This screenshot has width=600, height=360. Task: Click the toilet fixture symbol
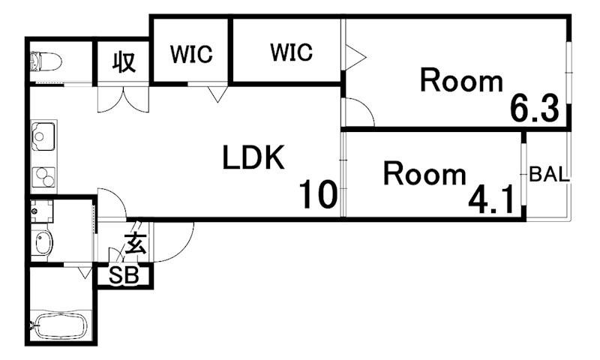click(x=46, y=61)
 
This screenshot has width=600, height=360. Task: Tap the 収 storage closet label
click(x=124, y=61)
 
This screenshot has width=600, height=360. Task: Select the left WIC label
click(x=191, y=54)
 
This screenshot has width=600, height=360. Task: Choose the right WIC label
click(x=291, y=52)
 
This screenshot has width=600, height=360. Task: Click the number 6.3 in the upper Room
click(x=535, y=108)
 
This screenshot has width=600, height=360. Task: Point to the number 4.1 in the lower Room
click(x=491, y=200)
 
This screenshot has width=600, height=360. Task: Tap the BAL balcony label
click(x=550, y=175)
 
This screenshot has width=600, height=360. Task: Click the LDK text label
click(x=253, y=157)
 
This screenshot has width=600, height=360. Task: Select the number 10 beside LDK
click(x=318, y=195)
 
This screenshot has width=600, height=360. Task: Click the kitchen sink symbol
click(x=43, y=136)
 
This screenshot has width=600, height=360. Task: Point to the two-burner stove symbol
click(x=43, y=177)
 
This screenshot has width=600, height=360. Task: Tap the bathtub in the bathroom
click(x=61, y=325)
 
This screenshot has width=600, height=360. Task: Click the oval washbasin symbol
click(x=43, y=243)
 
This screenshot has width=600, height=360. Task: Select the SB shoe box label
click(x=124, y=274)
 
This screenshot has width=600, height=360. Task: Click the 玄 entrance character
click(x=136, y=243)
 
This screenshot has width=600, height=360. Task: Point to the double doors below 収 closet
click(x=123, y=100)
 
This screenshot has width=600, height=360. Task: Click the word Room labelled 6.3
click(x=461, y=80)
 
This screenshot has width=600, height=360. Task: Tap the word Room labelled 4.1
click(x=424, y=174)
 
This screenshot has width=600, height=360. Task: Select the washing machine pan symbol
click(x=42, y=211)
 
